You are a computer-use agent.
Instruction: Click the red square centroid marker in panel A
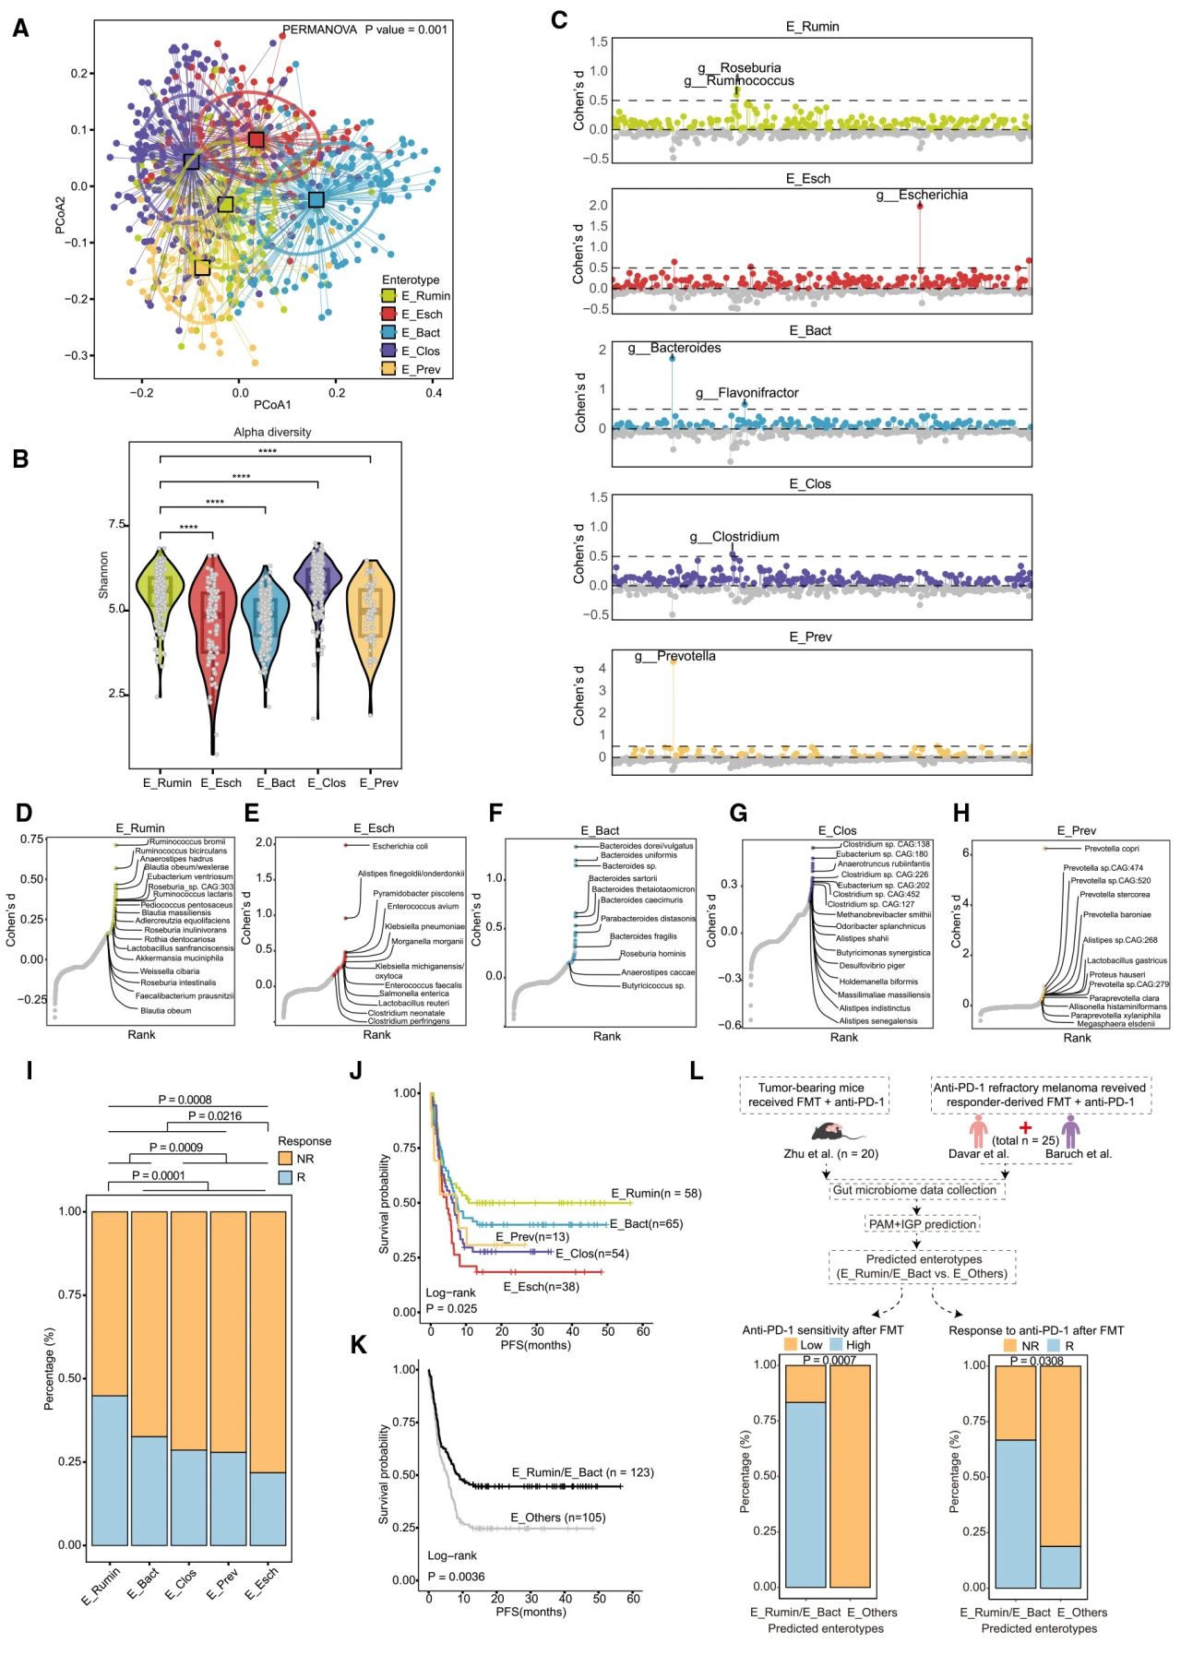tap(256, 139)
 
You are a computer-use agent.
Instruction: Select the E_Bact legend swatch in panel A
tap(390, 333)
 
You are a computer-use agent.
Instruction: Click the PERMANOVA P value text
tap(364, 30)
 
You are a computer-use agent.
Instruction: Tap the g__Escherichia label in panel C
tap(922, 196)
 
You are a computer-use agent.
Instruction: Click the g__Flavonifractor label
tap(746, 393)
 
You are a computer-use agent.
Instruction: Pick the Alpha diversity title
tap(272, 432)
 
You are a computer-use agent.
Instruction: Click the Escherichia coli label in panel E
tap(400, 846)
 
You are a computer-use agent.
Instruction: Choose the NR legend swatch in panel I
tap(285, 1159)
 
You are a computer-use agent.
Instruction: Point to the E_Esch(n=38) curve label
tap(541, 1286)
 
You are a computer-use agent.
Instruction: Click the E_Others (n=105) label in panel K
tap(558, 1518)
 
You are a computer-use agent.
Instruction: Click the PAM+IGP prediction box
tap(922, 1224)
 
